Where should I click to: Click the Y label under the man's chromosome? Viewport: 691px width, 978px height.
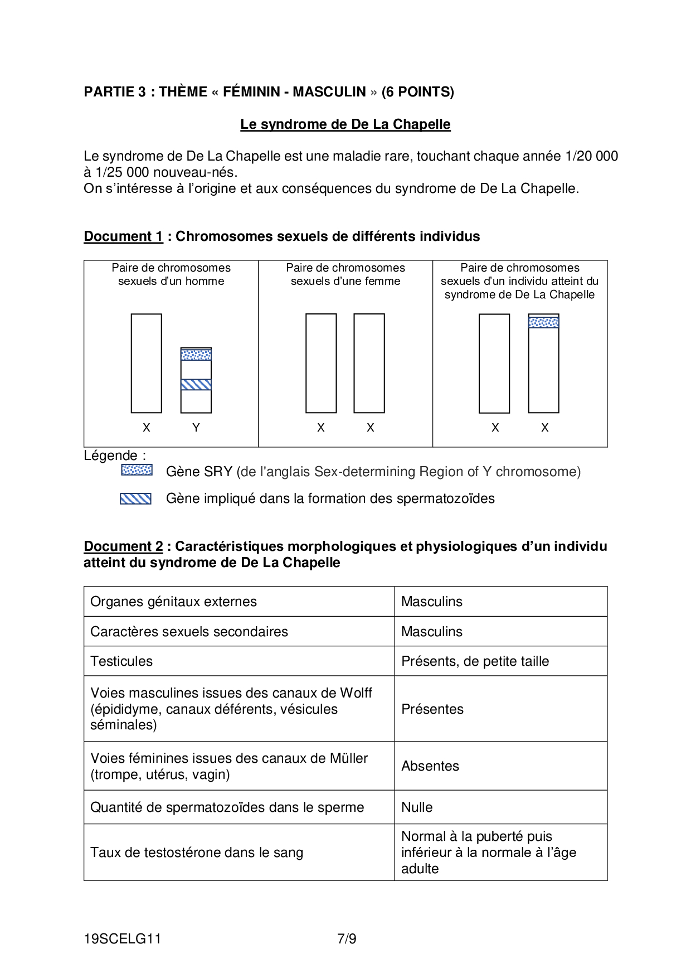click(x=196, y=428)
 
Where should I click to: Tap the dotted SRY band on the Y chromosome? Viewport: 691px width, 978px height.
click(x=196, y=355)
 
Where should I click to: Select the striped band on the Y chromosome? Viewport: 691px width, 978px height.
click(x=196, y=385)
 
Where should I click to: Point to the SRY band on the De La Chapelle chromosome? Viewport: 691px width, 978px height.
click(x=543, y=322)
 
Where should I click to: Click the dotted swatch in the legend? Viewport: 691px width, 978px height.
click(x=137, y=470)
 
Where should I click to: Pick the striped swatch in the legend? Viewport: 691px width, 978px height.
click(x=135, y=498)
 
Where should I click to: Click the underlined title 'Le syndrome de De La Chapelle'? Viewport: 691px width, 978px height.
click(x=345, y=124)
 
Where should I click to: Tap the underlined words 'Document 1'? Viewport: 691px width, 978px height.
click(x=123, y=236)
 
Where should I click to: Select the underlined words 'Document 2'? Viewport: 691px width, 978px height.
click(x=123, y=546)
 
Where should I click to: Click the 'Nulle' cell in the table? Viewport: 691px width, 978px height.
click(x=417, y=807)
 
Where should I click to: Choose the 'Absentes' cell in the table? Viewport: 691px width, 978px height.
click(x=430, y=766)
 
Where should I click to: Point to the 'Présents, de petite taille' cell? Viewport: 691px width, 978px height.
click(x=475, y=661)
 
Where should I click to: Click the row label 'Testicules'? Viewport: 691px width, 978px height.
click(x=121, y=661)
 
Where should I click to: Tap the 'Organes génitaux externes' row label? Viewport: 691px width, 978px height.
click(x=173, y=602)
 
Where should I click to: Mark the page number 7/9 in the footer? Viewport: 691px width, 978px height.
click(x=347, y=939)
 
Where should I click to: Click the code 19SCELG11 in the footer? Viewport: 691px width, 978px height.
click(x=123, y=939)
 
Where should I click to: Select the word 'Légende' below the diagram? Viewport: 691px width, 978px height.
click(x=111, y=456)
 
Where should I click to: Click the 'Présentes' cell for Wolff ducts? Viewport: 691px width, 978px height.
click(x=432, y=709)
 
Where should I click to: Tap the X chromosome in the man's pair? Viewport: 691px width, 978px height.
click(x=147, y=364)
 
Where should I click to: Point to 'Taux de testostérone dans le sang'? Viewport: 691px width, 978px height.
click(x=197, y=853)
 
